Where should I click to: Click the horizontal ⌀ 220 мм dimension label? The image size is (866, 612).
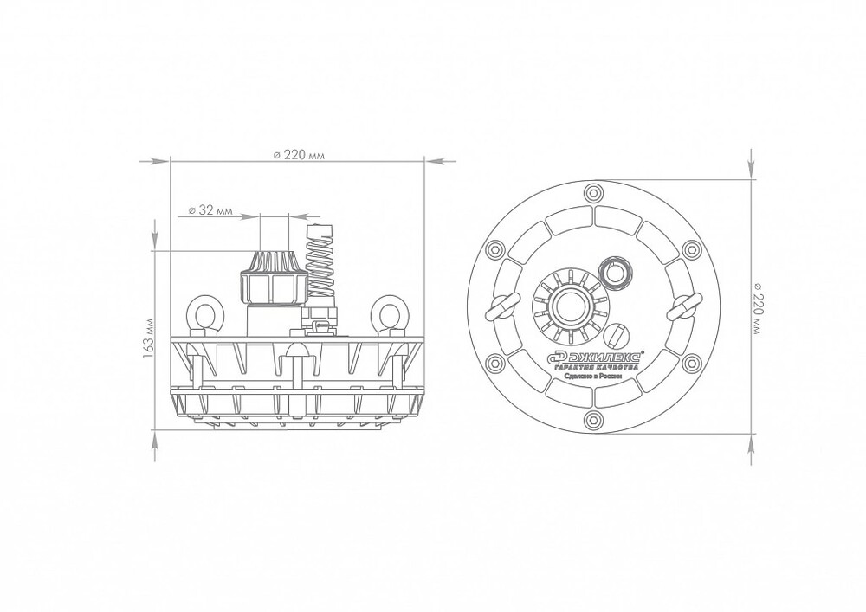click(299, 155)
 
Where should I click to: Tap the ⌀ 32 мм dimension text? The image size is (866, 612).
click(210, 210)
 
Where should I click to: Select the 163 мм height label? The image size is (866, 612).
click(147, 338)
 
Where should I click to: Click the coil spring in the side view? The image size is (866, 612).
click(320, 261)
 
